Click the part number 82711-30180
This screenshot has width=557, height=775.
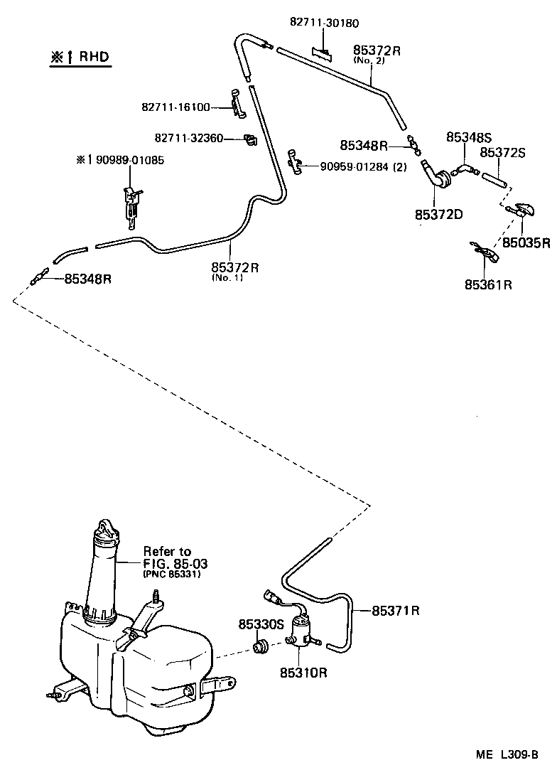tap(324, 21)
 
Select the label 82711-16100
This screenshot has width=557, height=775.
tap(175, 107)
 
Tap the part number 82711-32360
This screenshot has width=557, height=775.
tap(188, 137)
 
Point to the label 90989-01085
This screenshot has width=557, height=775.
tap(125, 161)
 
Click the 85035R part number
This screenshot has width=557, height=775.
tap(526, 242)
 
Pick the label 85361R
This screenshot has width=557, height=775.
tap(489, 284)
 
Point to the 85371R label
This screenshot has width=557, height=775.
tap(396, 610)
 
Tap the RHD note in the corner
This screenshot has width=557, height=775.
tap(80, 57)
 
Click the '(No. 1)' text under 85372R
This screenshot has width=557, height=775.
tap(227, 278)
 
